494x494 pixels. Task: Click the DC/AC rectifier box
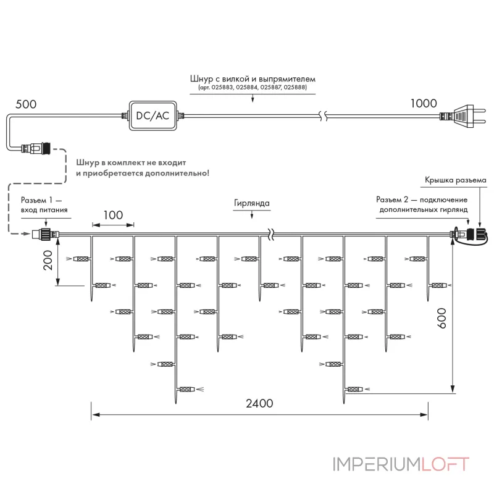coord(153,115)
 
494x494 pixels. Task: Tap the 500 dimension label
coord(26,104)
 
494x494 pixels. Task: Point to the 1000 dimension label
coord(424,103)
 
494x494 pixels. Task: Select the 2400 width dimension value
coord(259,403)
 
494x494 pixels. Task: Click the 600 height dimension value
coord(442,318)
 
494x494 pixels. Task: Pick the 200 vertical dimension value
coord(48,260)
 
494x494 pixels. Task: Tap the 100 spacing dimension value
coord(113,215)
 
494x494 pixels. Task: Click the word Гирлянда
coord(252,203)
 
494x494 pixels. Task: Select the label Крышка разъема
coord(456,180)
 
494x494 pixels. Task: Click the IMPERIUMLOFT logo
coord(401,464)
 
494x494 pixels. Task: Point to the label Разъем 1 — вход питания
coord(43,205)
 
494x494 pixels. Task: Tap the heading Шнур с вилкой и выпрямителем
coord(253,78)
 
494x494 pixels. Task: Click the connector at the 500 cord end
coord(36,148)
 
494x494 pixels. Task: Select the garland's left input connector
coord(46,234)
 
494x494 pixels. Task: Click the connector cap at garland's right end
coord(482,235)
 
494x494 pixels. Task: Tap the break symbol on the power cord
coord(323,116)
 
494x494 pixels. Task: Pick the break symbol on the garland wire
coord(271,234)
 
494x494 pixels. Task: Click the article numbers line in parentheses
coord(253,87)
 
